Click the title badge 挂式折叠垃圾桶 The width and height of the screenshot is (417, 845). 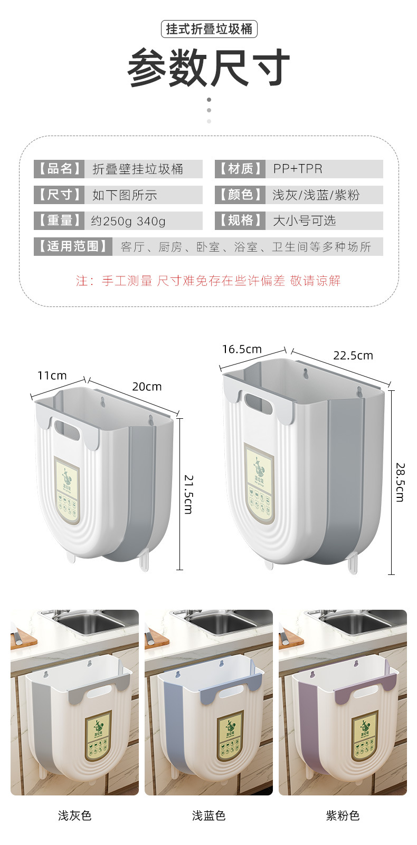pos(209,29)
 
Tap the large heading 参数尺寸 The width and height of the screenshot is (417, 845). pos(209,68)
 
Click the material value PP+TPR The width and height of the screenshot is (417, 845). pos(298,169)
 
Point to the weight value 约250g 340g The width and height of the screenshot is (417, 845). pos(128,220)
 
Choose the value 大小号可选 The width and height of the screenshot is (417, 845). pos(304,220)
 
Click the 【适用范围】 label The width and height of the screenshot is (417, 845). pos(73,246)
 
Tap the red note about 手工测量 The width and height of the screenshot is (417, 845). pos(209,281)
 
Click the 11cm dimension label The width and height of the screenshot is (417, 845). pos(52,376)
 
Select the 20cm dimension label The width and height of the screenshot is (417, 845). pos(147,387)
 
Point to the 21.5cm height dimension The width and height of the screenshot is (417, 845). pos(188,494)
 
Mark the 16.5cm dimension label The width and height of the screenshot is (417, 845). pos(242,349)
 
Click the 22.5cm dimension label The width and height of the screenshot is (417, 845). pos(353,356)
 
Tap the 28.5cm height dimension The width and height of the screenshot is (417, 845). pos(400,482)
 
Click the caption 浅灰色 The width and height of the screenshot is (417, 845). pos(74,815)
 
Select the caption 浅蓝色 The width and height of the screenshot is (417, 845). pos(209,815)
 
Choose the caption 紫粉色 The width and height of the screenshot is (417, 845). pos(343,815)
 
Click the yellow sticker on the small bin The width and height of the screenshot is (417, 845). pos(68,491)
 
